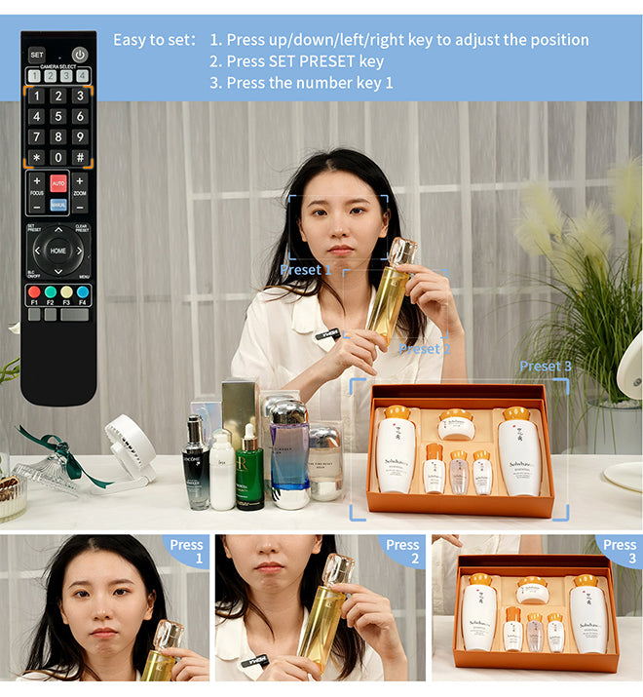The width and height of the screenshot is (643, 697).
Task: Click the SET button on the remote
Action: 36,55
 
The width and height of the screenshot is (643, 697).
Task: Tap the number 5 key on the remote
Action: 57,116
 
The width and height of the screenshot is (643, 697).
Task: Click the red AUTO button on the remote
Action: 58,183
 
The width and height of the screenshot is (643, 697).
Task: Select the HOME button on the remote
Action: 58,251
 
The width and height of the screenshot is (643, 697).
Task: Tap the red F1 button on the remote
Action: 34,291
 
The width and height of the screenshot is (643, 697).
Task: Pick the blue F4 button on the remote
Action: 82,291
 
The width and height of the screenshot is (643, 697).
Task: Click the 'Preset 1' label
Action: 305,269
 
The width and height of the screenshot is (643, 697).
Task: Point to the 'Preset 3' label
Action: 545,366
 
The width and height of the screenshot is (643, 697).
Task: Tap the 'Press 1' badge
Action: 186,551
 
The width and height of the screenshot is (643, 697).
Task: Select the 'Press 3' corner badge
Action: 620,551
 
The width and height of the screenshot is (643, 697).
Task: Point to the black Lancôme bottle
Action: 196,465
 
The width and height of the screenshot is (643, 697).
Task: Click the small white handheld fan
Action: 129,447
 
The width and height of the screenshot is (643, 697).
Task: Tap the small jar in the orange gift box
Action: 456,426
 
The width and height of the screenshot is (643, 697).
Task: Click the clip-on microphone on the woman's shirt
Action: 326,335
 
